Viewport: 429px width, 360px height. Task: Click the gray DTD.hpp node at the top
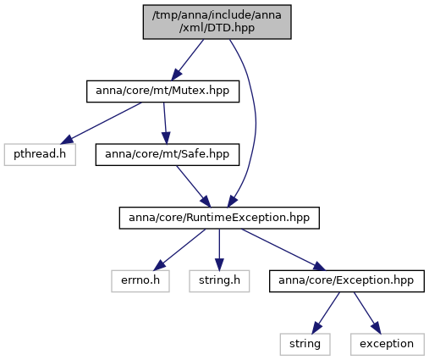(x=217, y=22)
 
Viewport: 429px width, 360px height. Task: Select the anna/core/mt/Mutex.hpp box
(x=162, y=91)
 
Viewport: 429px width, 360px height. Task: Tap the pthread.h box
(x=40, y=154)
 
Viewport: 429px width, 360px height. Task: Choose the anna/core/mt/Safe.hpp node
(x=168, y=154)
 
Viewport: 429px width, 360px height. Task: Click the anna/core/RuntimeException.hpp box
(x=219, y=218)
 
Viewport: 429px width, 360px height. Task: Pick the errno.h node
(x=140, y=281)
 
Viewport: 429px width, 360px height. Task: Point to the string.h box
(x=219, y=281)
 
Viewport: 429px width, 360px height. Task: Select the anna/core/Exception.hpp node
(x=347, y=281)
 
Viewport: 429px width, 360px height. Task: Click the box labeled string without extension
(x=305, y=344)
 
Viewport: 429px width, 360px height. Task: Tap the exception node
(x=388, y=344)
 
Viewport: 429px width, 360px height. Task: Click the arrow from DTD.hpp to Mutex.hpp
(x=188, y=60)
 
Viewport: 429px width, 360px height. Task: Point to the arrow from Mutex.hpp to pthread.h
(x=102, y=123)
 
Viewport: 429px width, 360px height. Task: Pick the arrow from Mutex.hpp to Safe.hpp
(x=165, y=123)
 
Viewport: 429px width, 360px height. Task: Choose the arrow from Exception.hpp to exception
(x=367, y=313)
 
